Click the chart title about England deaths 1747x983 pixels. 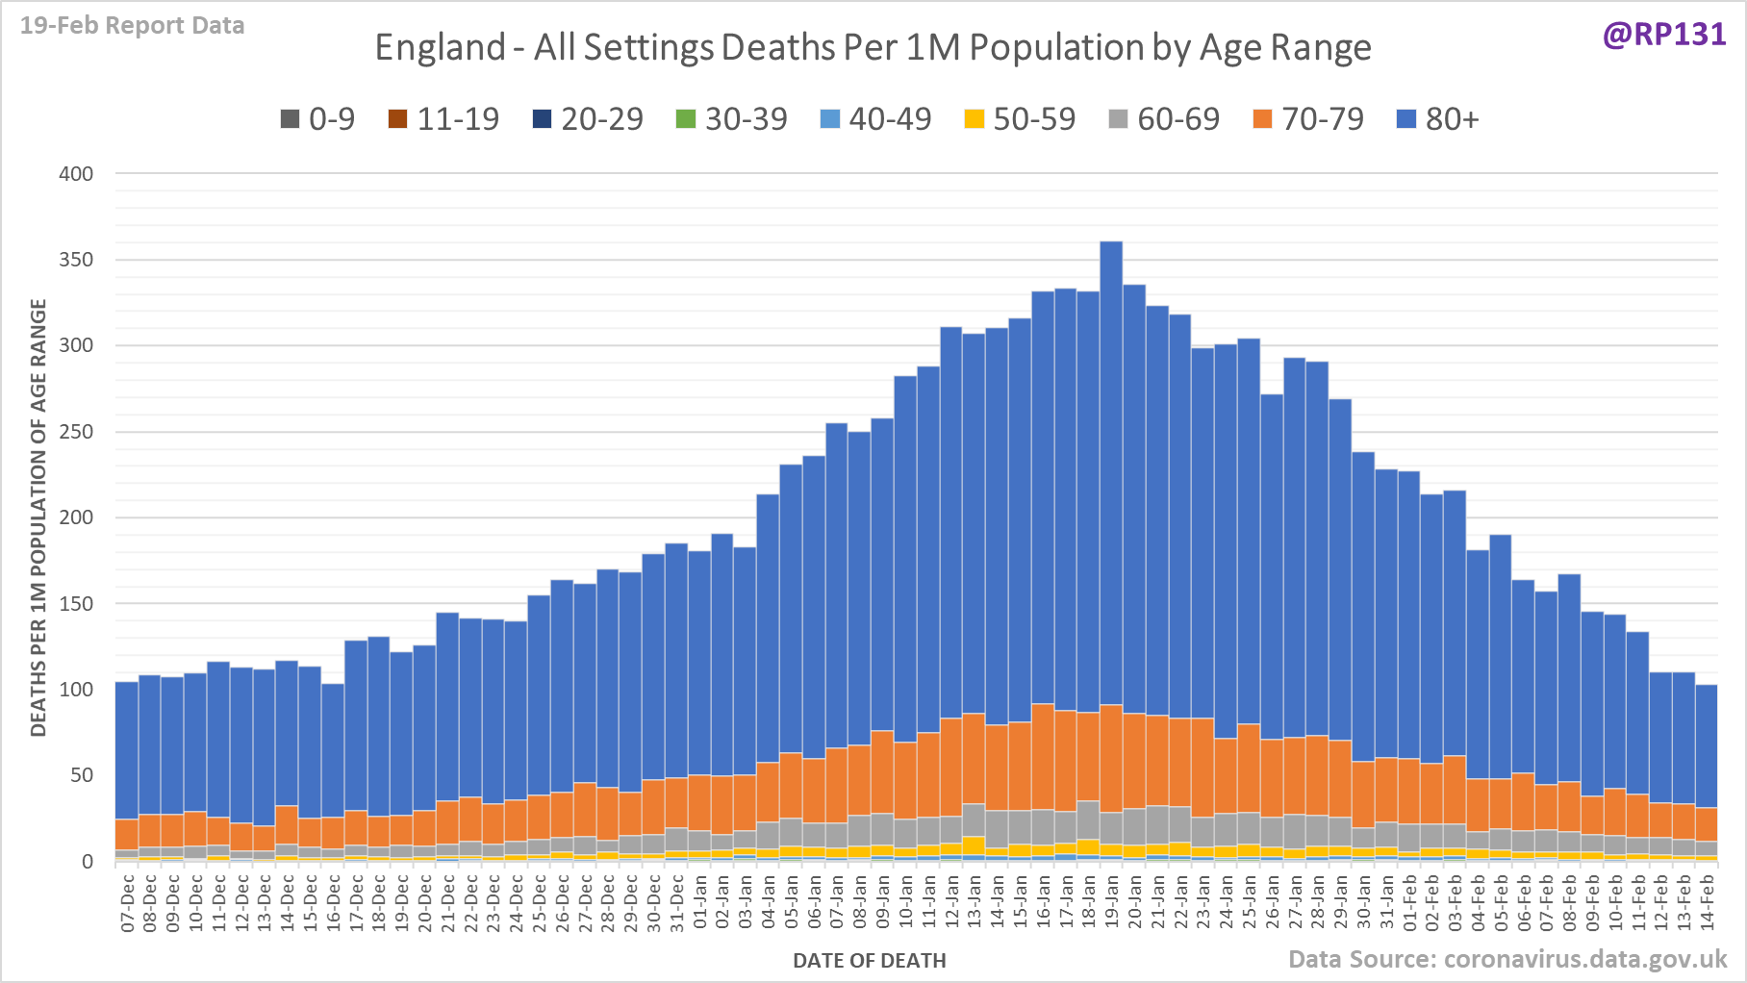873,47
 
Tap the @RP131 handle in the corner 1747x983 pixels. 1663,35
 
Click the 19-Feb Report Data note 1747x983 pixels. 133,25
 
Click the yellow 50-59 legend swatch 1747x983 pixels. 975,119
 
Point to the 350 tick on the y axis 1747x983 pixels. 76,260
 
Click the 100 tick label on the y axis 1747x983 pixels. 76,690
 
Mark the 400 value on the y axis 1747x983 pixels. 76,174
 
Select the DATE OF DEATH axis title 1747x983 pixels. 869,960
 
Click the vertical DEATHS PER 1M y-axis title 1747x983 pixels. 38,517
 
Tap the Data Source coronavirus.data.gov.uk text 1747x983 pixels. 1506,959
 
